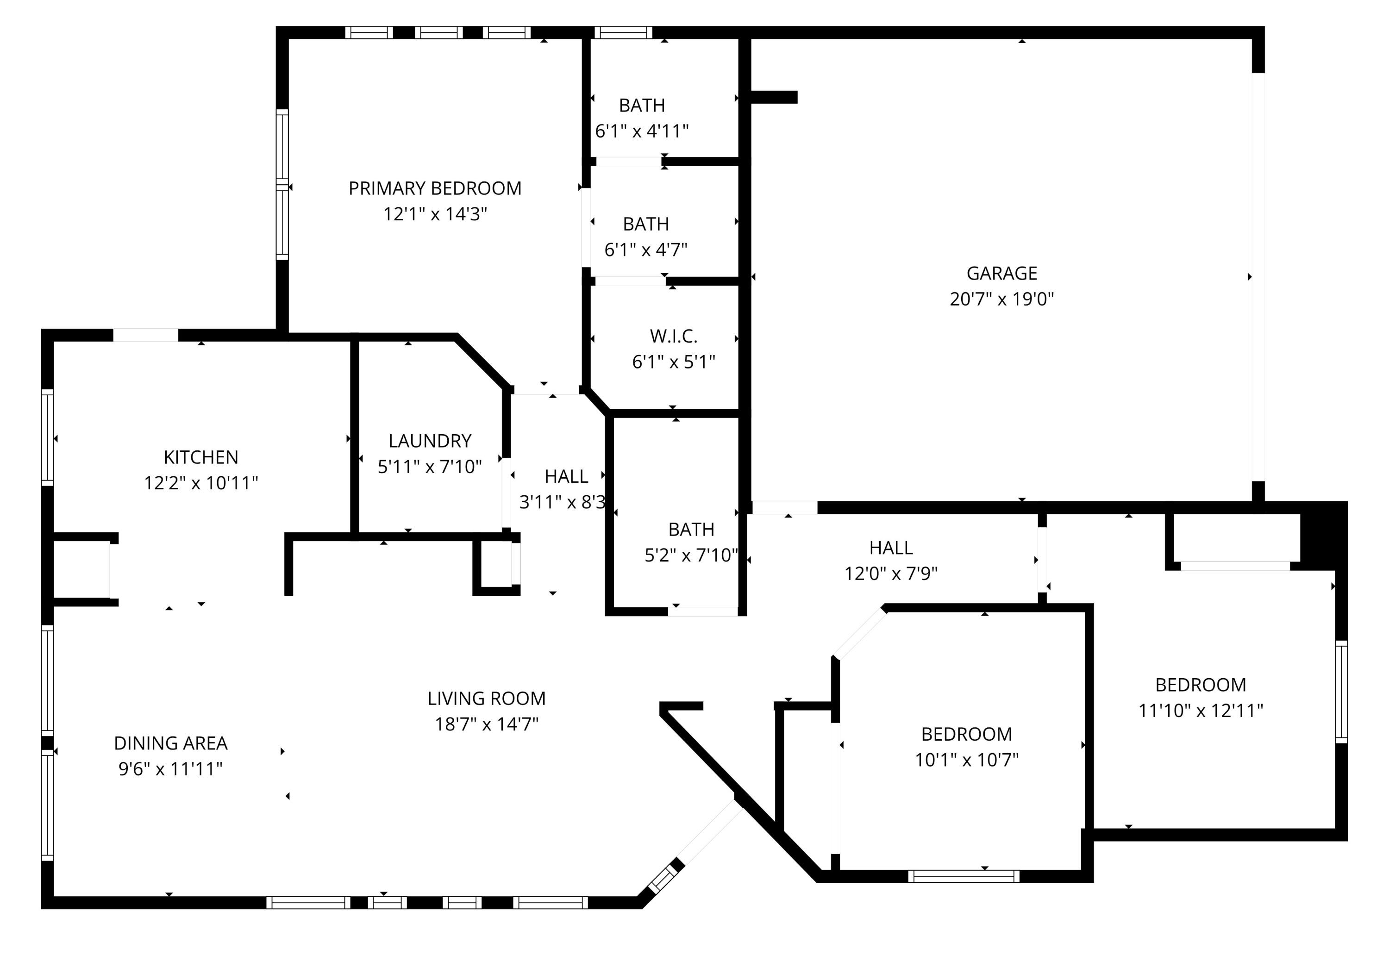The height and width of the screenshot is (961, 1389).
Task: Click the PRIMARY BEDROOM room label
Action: point(435,188)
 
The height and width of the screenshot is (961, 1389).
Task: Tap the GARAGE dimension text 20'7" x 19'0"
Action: point(1001,299)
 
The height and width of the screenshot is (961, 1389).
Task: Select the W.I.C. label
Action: point(673,336)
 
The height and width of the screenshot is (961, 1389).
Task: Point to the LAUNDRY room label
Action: point(429,441)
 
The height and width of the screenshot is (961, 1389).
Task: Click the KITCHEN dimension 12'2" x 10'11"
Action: point(200,483)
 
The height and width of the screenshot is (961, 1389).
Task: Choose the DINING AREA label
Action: point(170,743)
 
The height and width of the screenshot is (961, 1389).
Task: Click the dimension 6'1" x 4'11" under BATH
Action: point(641,131)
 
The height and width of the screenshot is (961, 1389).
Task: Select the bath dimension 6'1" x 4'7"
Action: point(645,250)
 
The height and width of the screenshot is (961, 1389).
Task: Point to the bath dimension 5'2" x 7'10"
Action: point(691,555)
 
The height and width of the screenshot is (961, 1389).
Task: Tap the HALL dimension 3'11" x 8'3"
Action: point(562,502)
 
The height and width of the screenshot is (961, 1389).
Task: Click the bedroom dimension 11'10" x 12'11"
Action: point(1200,711)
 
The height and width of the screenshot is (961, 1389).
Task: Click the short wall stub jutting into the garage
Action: point(774,97)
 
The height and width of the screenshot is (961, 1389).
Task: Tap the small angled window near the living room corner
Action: point(662,880)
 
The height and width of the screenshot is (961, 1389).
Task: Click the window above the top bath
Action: point(623,32)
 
